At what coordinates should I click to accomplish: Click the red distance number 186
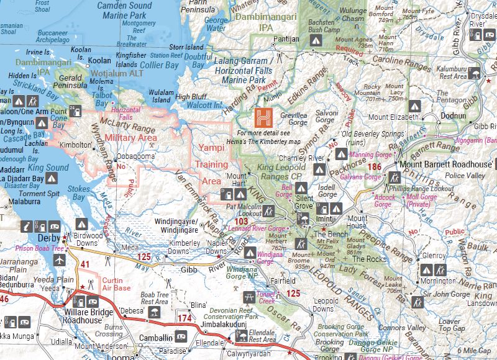(x=374, y=167)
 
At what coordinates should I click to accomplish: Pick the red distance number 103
(x=242, y=221)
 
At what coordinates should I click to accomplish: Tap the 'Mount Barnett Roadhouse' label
(x=447, y=164)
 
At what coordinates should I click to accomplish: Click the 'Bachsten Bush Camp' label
(x=325, y=25)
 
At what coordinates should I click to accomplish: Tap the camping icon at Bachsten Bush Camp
(x=316, y=40)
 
